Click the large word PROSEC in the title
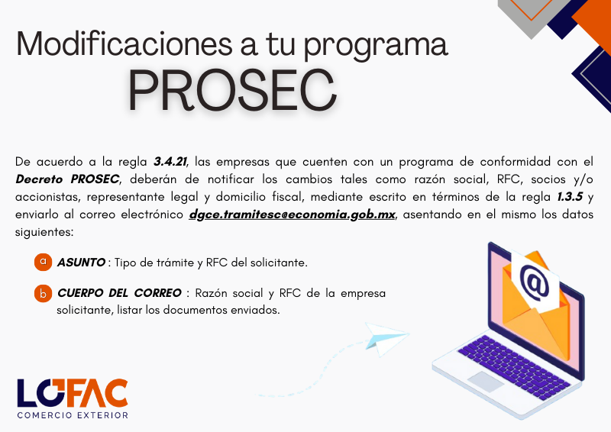point(231,91)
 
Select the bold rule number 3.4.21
point(170,163)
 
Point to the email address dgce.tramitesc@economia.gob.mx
point(293,214)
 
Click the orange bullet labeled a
point(43,262)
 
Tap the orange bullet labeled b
point(43,294)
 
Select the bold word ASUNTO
point(81,263)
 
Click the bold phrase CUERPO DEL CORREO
point(118,294)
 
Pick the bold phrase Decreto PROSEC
point(66,180)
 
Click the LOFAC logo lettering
point(73,392)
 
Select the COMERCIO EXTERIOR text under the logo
point(73,415)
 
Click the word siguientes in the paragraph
point(45,231)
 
